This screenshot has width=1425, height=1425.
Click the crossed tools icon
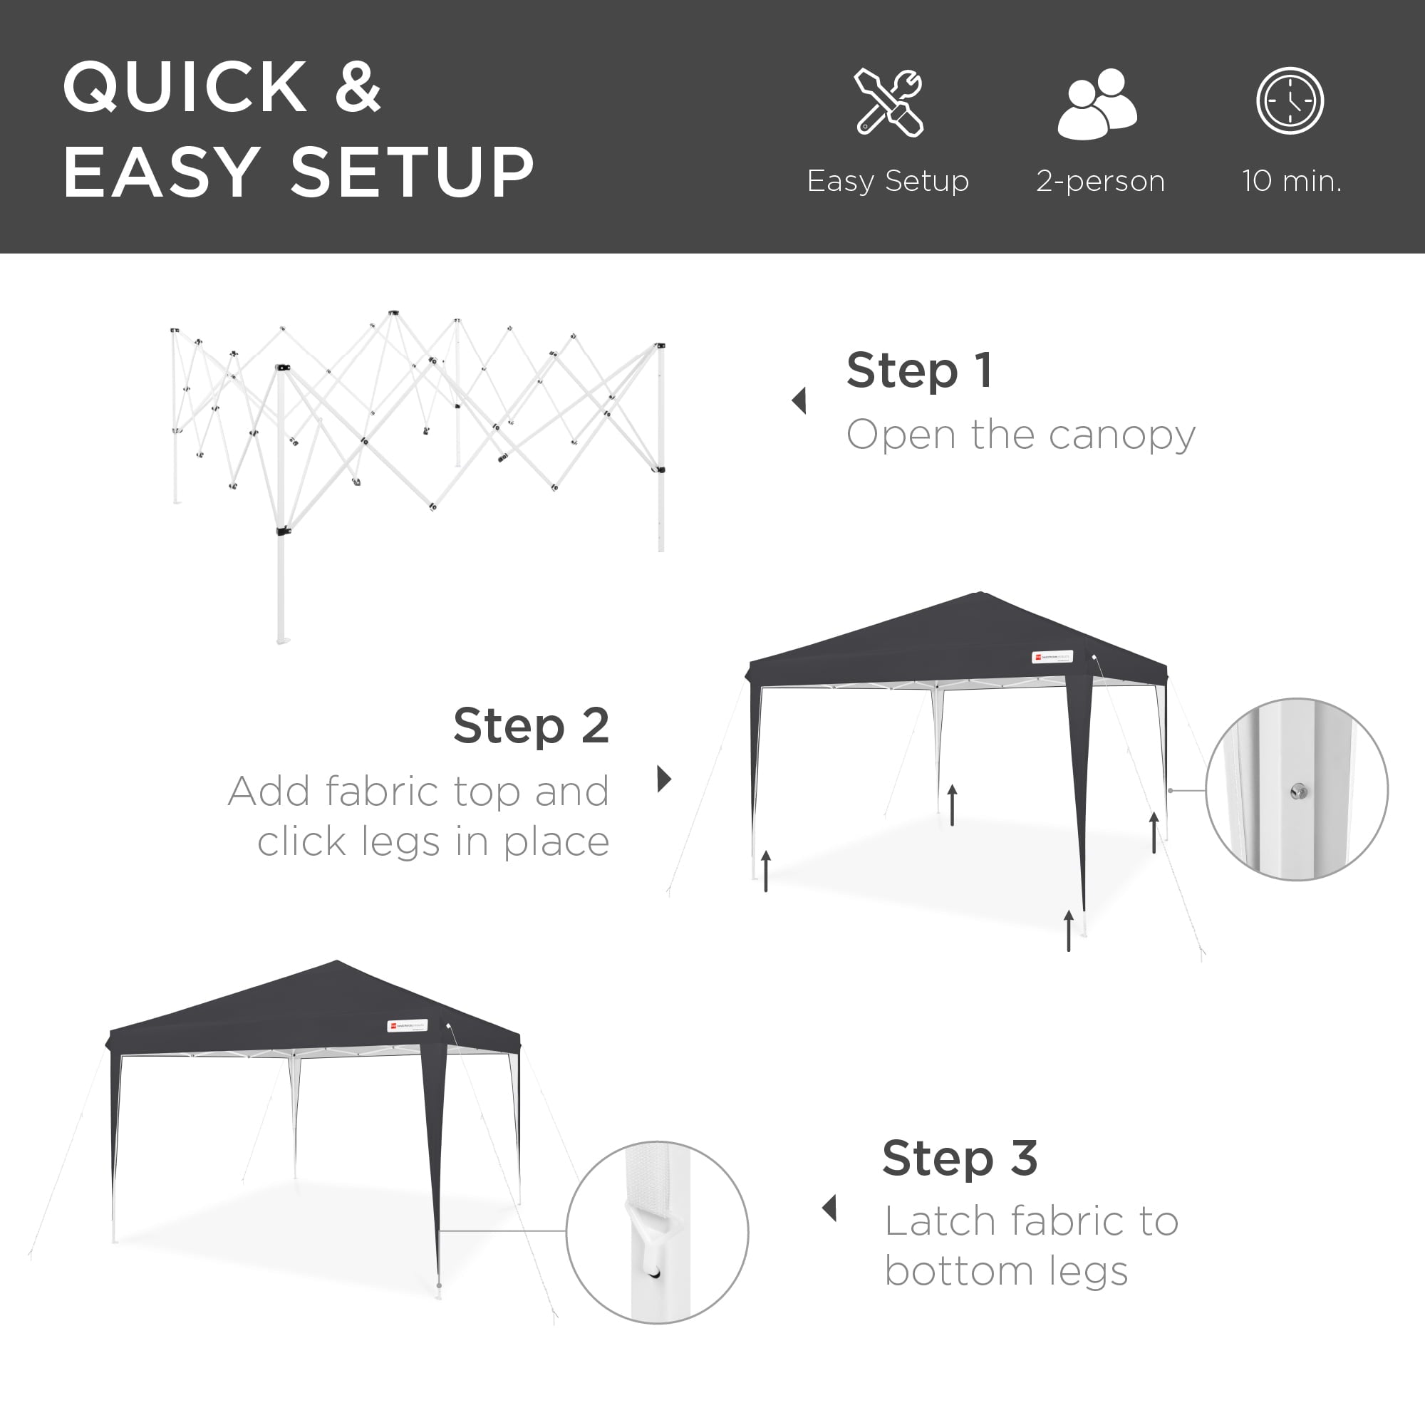888,103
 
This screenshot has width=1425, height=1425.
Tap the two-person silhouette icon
1097,103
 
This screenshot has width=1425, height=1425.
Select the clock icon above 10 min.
1290,101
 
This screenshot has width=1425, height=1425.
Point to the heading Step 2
531,726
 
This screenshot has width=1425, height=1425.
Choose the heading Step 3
960,1158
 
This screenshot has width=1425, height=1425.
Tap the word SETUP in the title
413,172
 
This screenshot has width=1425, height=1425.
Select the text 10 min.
1292,181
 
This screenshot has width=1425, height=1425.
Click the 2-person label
1099,181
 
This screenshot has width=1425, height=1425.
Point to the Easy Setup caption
887,181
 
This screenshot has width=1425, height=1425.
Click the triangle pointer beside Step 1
799,400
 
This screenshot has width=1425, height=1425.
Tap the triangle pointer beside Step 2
664,778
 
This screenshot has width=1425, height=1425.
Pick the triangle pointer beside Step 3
830,1208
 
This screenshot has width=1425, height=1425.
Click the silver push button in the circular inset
1299,792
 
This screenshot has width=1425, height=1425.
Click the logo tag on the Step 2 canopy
1052,655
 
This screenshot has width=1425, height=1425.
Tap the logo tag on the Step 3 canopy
407,1025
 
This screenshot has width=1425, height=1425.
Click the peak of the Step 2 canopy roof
980,594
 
